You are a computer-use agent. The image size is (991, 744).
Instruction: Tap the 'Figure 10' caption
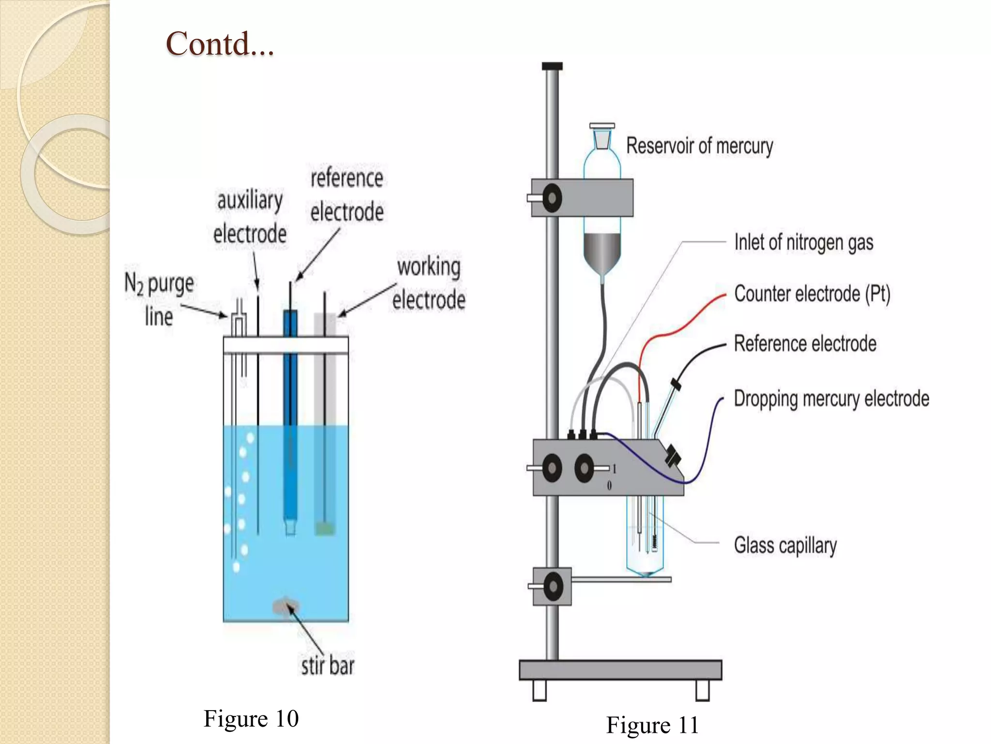tap(251, 718)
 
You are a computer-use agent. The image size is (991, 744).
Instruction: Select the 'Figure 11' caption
tap(652, 725)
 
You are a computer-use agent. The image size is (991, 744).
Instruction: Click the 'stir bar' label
tap(328, 666)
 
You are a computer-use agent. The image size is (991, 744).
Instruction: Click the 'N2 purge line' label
tap(159, 299)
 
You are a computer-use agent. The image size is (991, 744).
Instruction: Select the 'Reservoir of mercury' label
tap(700, 146)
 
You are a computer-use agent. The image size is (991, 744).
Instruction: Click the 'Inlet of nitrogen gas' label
tap(804, 242)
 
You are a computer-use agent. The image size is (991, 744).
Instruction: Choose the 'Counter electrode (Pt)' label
tap(812, 294)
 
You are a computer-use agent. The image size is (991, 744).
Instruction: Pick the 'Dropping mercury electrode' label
tap(831, 399)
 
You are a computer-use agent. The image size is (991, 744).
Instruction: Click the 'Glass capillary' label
tap(785, 545)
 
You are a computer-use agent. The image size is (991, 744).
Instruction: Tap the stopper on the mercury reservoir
tap(602, 136)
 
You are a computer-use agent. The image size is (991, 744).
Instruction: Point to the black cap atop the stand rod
tap(552, 66)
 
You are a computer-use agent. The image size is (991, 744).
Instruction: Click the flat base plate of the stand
tap(620, 670)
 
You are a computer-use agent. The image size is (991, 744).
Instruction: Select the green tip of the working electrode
tap(325, 528)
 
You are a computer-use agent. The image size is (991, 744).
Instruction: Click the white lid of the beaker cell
tap(285, 345)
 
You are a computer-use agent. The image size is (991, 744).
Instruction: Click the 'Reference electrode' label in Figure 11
tap(805, 344)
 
